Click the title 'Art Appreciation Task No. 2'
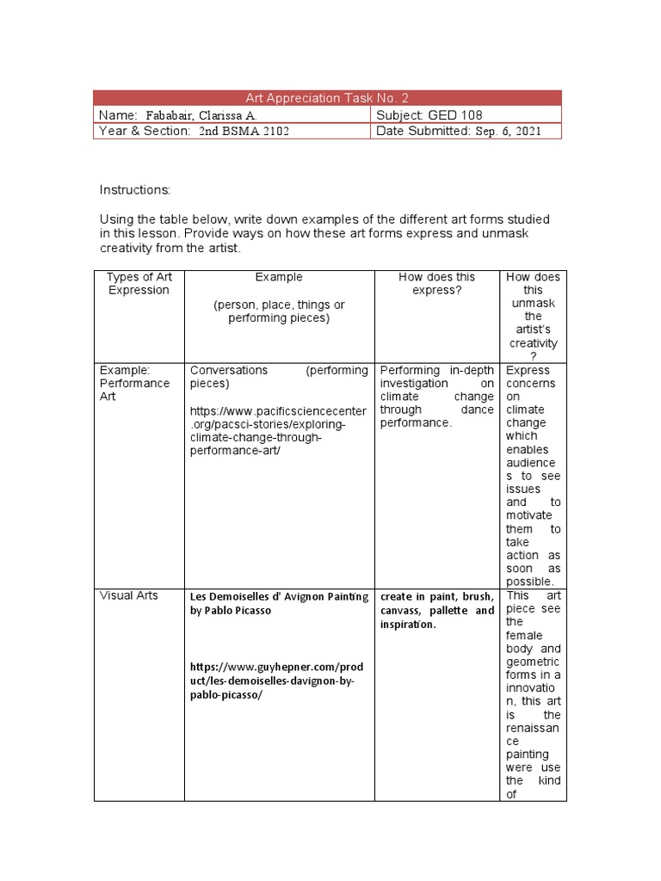click(x=326, y=98)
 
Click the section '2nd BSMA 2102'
click(x=244, y=132)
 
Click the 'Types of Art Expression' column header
click(x=139, y=284)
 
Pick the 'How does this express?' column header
click(x=436, y=284)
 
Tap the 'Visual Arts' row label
click(x=129, y=595)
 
